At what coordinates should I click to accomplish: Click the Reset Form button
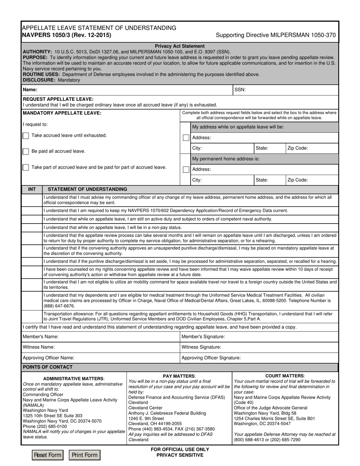pos(48,455)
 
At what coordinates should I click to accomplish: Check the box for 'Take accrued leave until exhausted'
pos(26,136)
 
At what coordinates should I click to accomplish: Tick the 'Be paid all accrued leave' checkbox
pos(26,152)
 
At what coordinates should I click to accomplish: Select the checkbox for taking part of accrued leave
pos(26,167)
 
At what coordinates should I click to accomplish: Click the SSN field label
pos(240,90)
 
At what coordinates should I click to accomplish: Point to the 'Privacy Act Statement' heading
pos(180,46)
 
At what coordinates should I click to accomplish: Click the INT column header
pos(32,189)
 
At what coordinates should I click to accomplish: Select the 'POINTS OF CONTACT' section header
pos(48,367)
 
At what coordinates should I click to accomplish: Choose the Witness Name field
pos(114,347)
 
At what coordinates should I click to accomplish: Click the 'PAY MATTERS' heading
pos(179,375)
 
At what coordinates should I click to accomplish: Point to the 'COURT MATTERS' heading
pos(285,375)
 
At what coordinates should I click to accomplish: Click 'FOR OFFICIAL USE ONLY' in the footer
pos(180,449)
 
